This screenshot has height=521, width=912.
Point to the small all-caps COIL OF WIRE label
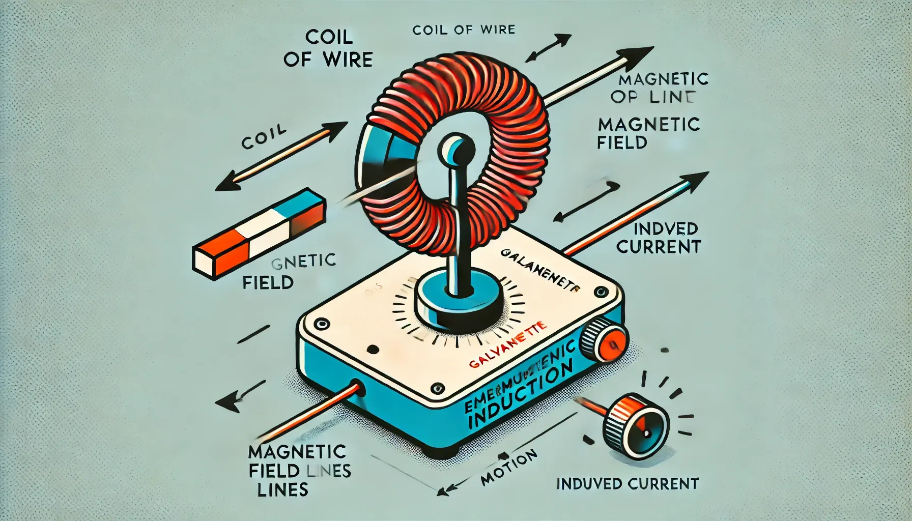click(464, 31)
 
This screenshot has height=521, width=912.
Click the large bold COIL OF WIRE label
click(328, 48)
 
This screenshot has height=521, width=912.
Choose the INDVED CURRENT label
click(659, 238)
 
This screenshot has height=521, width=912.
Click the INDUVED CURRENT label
click(628, 483)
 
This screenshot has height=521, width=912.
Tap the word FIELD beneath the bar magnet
click(268, 282)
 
